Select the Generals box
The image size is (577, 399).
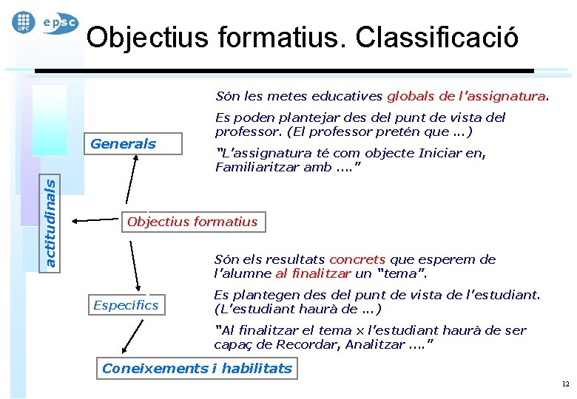click(x=124, y=144)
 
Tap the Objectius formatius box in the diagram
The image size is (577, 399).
click(x=192, y=222)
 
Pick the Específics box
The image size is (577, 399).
click(x=126, y=305)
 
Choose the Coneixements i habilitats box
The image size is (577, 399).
click(x=198, y=369)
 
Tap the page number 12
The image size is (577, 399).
click(x=565, y=384)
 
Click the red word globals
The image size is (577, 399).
click(x=411, y=96)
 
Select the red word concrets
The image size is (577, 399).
click(x=357, y=259)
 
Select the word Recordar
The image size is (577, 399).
click(x=303, y=344)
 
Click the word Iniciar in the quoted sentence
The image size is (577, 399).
click(x=441, y=154)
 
